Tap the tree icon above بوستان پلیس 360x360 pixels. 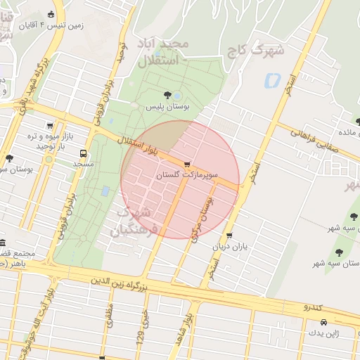click(167, 95)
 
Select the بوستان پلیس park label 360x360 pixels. click(168, 107)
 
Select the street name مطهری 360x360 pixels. click(108, 317)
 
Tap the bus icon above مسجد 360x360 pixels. click(84, 153)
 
